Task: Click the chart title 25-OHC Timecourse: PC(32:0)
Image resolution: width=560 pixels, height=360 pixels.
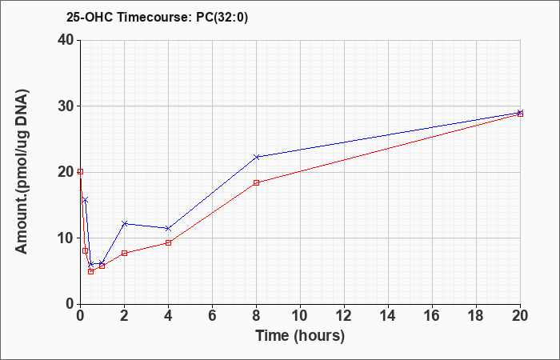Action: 157,18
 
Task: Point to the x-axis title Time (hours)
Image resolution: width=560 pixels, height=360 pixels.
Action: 300,336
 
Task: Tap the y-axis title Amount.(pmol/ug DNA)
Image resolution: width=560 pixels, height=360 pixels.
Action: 22,172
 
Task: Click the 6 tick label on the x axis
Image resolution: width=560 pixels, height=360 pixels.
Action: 212,316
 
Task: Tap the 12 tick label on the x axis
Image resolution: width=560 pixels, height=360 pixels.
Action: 344,316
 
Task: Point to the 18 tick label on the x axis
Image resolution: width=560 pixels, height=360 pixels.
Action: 476,316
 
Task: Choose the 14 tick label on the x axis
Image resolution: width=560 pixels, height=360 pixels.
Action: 388,316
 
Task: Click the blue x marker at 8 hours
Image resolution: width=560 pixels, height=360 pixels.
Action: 256,157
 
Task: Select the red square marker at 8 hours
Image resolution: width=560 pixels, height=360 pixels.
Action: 256,183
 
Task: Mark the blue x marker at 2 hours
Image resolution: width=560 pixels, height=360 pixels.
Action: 124,223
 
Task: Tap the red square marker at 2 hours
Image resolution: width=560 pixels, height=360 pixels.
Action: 124,254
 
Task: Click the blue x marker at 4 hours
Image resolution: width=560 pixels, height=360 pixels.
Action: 168,228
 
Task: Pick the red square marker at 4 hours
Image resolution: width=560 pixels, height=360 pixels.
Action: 168,243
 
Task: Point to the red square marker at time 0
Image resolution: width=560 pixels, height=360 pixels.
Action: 80,172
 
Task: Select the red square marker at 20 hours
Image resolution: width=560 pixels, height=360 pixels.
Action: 520,114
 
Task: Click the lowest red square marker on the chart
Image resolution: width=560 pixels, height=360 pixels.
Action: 90,272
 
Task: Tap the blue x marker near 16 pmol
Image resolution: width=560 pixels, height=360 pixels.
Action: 85,200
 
